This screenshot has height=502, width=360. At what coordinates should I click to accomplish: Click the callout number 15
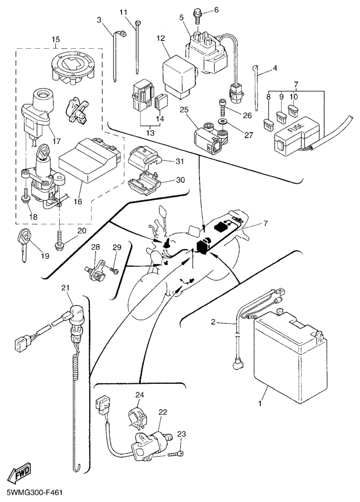55,39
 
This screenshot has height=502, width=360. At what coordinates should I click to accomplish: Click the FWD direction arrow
20,472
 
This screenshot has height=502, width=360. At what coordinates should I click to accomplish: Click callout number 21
66,288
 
